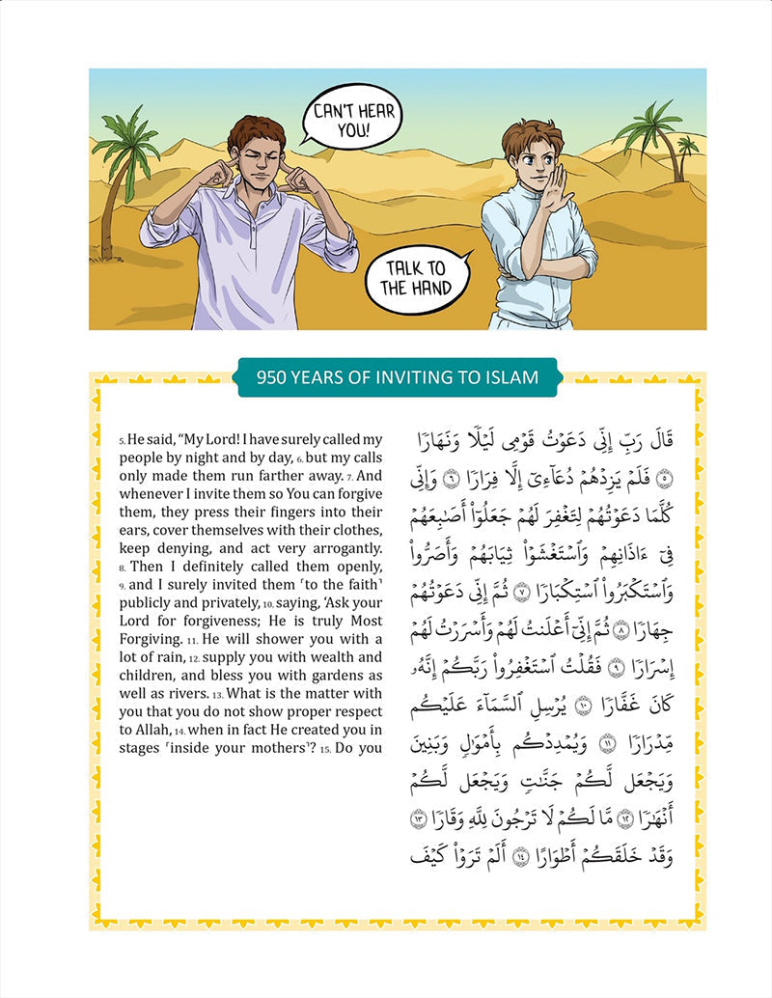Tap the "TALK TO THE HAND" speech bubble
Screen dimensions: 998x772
tap(417, 277)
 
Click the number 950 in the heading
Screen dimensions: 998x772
tap(274, 376)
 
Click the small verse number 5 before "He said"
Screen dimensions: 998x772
tap(123, 441)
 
